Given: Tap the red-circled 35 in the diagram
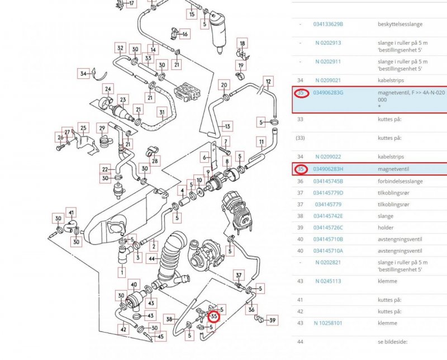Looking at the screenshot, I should [x=214, y=316].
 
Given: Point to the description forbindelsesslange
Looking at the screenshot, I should [x=400, y=181].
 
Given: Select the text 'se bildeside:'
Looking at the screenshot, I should [x=392, y=341].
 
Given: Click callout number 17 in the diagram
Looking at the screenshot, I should [x=131, y=3].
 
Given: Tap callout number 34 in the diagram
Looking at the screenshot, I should [x=84, y=73].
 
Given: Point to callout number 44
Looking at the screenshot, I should [x=151, y=259].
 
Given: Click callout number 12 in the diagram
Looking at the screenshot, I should [x=268, y=82].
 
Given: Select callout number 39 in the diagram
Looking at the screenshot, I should [x=272, y=320].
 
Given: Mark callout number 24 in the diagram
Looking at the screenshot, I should [x=108, y=89].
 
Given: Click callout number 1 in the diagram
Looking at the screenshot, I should [x=122, y=272].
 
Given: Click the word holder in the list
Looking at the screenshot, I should [x=386, y=228].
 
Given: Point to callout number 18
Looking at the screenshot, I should [x=242, y=43].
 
